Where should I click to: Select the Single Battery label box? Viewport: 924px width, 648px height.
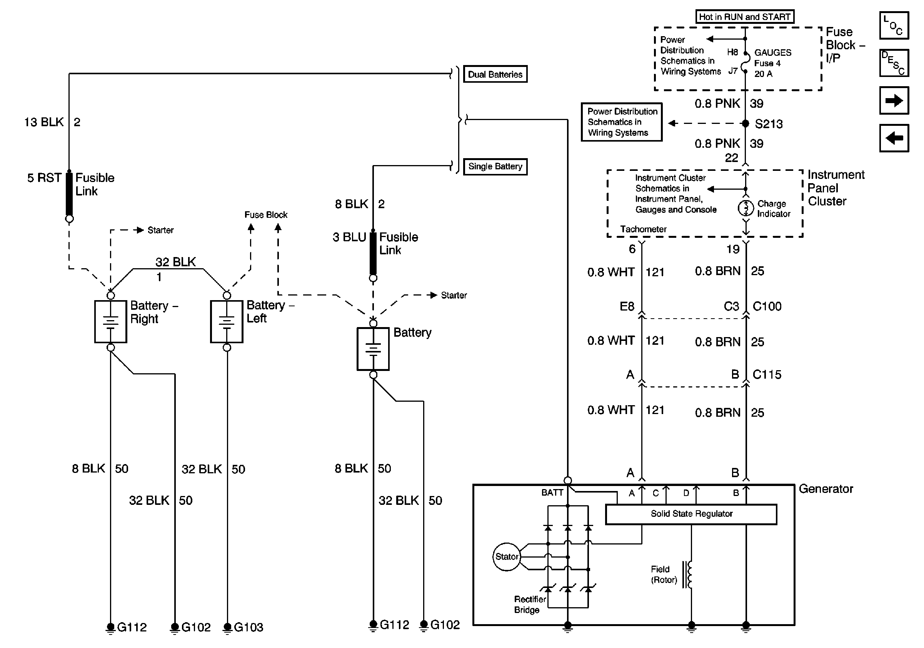495,166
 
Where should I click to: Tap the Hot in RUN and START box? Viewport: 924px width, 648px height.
744,17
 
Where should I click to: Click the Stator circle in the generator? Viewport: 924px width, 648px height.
506,557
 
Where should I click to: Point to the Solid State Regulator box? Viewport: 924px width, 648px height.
690,514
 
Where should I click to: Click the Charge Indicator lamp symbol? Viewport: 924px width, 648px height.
746,208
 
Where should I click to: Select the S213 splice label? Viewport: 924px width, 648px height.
768,124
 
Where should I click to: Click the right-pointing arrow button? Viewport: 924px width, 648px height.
894,100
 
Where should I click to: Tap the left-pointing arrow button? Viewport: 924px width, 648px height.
894,138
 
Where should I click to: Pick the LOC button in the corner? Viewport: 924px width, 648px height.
894,25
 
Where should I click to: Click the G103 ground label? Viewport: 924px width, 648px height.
248,627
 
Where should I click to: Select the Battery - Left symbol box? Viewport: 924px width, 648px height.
227,322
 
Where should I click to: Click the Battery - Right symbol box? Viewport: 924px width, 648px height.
111,322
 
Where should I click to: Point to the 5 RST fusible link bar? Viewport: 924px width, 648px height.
69,194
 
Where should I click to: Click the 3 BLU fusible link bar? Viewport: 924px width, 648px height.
373,254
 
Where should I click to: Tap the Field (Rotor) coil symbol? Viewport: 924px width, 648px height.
689,575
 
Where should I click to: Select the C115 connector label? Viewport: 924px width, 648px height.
767,375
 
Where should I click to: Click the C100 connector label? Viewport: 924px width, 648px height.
767,306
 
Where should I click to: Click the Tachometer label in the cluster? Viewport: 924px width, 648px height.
643,229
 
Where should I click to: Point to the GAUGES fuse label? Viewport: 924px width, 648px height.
772,53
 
